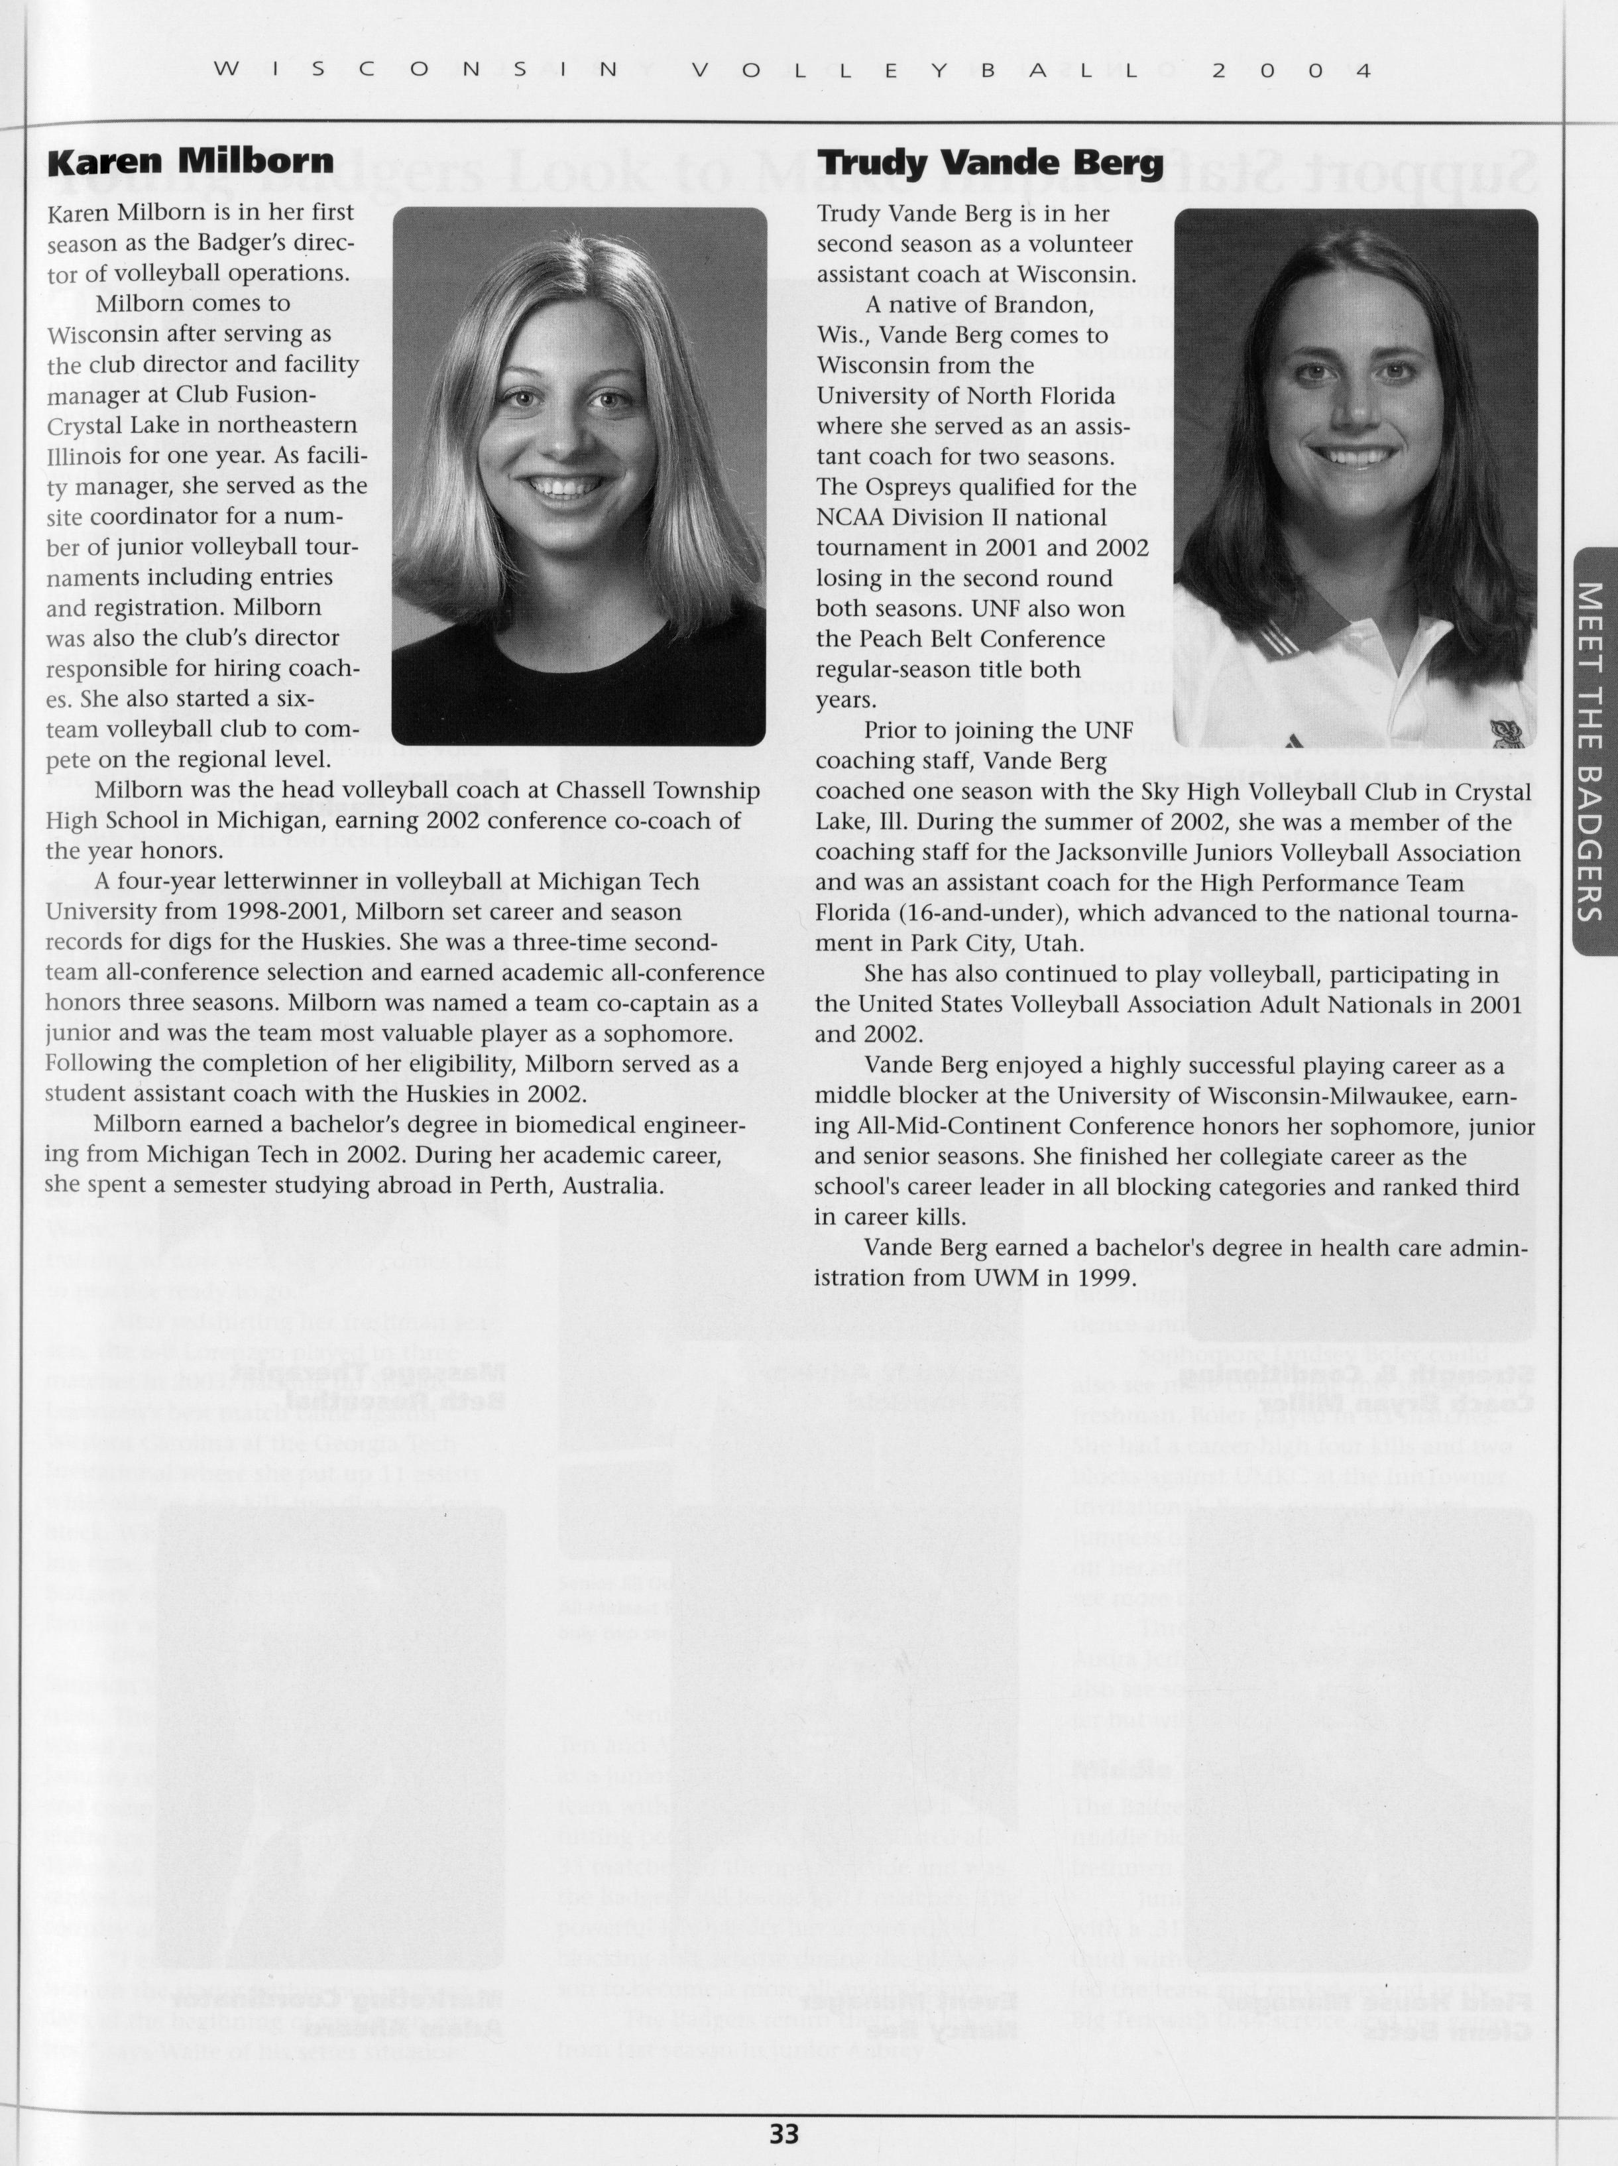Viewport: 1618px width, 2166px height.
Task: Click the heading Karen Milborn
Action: point(191,162)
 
